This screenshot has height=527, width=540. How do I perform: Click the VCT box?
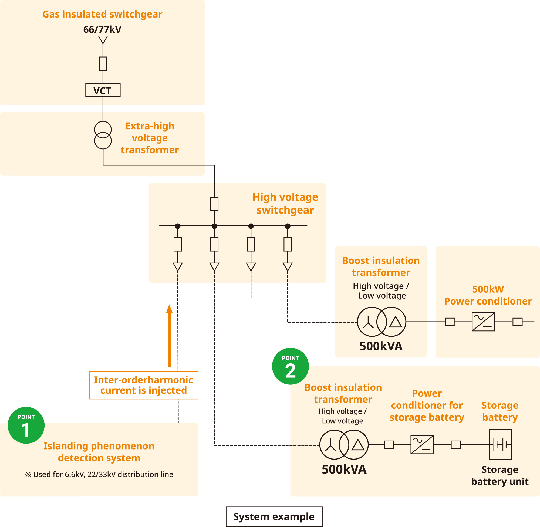[x=103, y=90]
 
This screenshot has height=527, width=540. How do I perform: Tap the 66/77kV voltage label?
[x=102, y=29]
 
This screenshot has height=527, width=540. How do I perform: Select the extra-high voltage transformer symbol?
[x=103, y=135]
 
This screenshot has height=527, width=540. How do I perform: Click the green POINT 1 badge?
[x=26, y=425]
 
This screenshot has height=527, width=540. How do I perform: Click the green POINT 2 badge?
[x=290, y=366]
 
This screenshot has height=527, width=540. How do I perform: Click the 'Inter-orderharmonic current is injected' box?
[x=143, y=385]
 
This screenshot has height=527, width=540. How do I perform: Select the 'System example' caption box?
[x=274, y=516]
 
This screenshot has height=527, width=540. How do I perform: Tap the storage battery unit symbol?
[x=500, y=444]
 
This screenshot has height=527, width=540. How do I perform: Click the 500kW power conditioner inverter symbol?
[x=483, y=322]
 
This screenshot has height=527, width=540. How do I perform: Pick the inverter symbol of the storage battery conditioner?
[x=422, y=444]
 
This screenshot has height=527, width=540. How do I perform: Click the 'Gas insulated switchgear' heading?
[x=102, y=14]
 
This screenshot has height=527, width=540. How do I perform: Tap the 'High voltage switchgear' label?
[x=285, y=204]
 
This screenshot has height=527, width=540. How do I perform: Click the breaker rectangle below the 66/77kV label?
[x=103, y=64]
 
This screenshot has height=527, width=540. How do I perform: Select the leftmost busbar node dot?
[x=178, y=226]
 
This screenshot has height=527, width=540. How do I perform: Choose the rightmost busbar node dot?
[x=288, y=226]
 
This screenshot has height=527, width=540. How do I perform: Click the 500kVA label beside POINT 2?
[x=344, y=469]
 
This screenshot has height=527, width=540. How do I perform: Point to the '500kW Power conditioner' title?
[x=488, y=295]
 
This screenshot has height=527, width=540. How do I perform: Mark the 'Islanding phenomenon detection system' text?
[x=99, y=452]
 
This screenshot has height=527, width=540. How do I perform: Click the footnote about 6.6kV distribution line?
[x=99, y=474]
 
